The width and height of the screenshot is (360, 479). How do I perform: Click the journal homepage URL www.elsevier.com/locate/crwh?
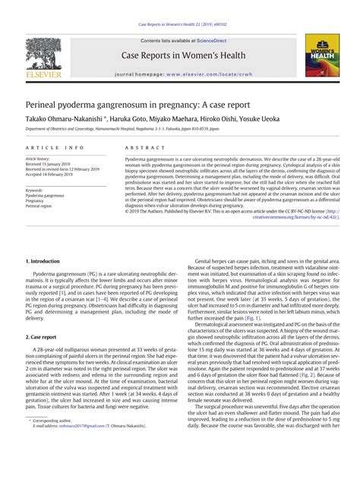205,75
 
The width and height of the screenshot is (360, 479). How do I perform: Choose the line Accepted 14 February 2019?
52,174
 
